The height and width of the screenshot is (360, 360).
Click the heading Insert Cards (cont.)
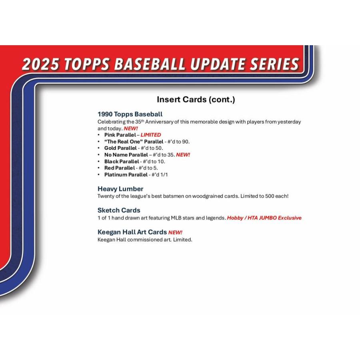pos(196,100)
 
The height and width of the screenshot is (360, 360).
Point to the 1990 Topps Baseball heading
pos(130,114)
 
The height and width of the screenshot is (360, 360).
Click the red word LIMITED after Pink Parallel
pos(151,135)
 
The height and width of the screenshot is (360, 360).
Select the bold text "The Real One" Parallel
pos(134,142)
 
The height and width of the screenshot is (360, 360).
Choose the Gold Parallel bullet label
pos(120,148)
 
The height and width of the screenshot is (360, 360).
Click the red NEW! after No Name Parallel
pos(183,155)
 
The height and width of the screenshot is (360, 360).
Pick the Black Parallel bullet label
pos(122,162)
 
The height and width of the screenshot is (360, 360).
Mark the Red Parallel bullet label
pos(119,168)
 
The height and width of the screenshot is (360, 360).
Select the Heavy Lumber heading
pos(120,189)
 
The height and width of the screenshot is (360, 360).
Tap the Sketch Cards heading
pos(119,210)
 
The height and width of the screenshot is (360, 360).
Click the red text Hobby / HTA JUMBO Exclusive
pos(264,218)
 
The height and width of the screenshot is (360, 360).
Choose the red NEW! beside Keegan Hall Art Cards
pos(175,232)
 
